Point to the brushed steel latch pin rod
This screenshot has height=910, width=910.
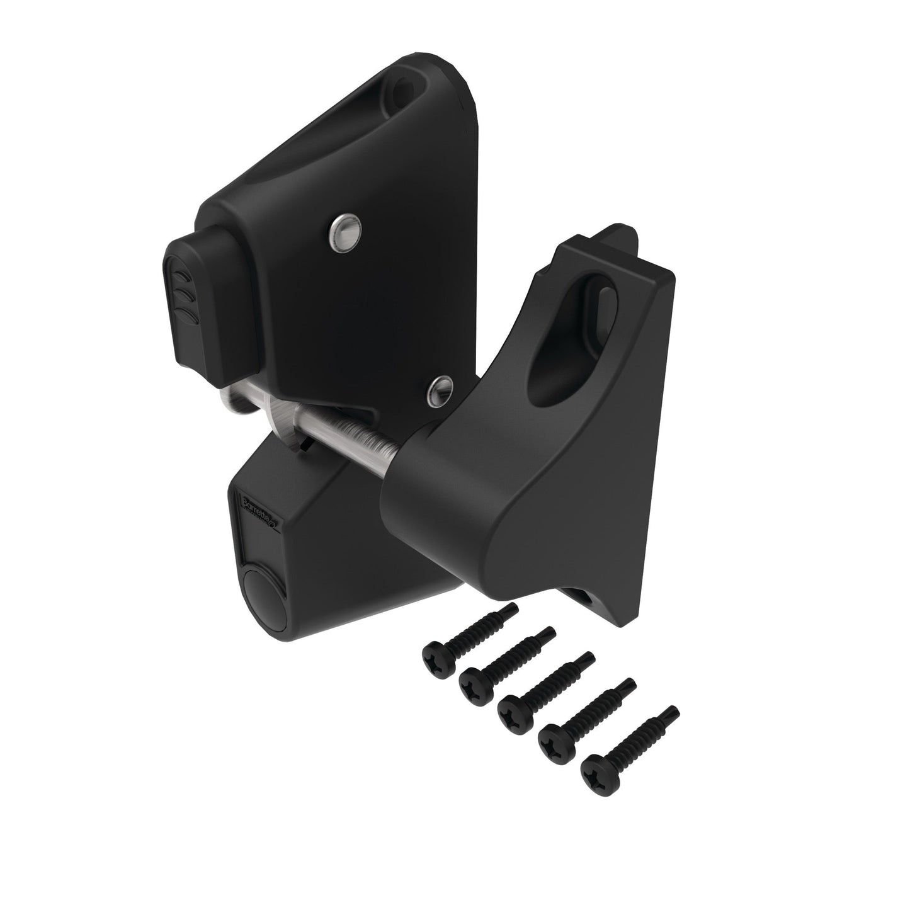pos(353,435)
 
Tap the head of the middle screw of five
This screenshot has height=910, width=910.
pos(513,710)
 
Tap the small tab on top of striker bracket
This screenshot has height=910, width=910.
pos(620,239)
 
